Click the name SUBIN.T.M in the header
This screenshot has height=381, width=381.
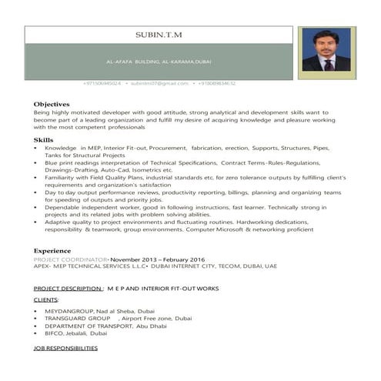pos(159,35)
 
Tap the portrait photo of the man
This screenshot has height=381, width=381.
pos(326,50)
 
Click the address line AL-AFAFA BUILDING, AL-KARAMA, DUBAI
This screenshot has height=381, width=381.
pos(159,59)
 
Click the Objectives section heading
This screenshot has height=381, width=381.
pos(52,103)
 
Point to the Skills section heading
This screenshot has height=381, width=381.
pos(44,139)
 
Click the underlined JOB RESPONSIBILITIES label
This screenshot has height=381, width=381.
pos(66,349)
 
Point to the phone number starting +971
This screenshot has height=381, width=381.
pos(101,83)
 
